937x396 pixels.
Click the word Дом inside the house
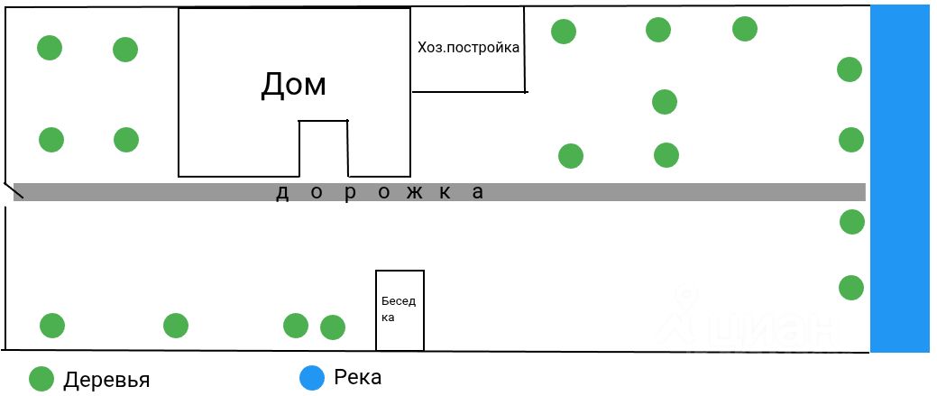pos(293,85)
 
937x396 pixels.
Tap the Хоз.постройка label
pos(468,47)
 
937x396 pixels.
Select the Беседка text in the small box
pos(398,309)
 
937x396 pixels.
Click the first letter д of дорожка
pos(281,192)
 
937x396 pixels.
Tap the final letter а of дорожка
pos(479,191)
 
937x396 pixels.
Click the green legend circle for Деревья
pos(41,379)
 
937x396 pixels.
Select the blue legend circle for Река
pos(312,378)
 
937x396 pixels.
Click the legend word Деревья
pos(106,379)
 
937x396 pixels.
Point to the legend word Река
pos(357,377)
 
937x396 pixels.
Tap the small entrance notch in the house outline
pos(324,149)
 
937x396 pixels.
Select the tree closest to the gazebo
pos(333,327)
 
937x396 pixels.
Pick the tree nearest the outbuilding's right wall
pos(564,32)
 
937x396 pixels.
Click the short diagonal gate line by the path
pos(12,190)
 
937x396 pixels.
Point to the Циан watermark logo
pos(748,320)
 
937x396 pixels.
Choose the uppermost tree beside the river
pos(850,69)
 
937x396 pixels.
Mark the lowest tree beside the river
pos(851,288)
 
